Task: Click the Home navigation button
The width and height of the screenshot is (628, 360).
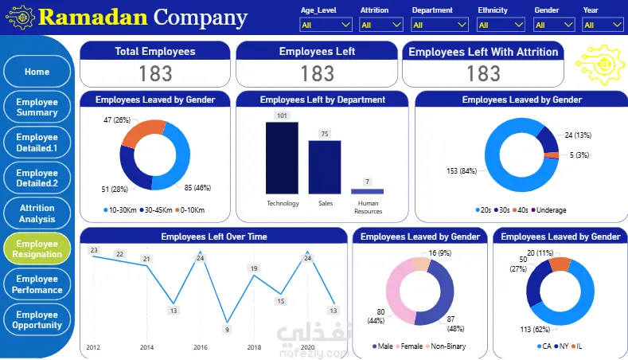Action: click(x=37, y=72)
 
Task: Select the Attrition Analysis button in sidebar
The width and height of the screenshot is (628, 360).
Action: click(x=37, y=213)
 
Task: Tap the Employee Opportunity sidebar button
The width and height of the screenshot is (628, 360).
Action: click(x=37, y=319)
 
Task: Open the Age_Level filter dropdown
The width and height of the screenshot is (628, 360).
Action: click(x=326, y=25)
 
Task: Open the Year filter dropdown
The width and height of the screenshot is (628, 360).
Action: click(x=603, y=25)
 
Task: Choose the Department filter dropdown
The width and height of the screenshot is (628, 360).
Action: click(x=440, y=25)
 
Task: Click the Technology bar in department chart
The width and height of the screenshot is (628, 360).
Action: click(x=283, y=157)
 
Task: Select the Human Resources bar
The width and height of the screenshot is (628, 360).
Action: click(x=367, y=191)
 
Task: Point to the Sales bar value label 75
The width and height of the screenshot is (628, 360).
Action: click(x=325, y=134)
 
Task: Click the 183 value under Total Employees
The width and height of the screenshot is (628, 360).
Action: click(x=155, y=73)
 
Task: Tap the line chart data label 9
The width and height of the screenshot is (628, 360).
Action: click(x=227, y=330)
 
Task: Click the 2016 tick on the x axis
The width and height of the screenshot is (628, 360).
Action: click(x=200, y=348)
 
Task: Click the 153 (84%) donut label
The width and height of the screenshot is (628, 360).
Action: click(x=462, y=170)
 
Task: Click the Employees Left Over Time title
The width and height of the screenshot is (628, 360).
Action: click(x=214, y=237)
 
